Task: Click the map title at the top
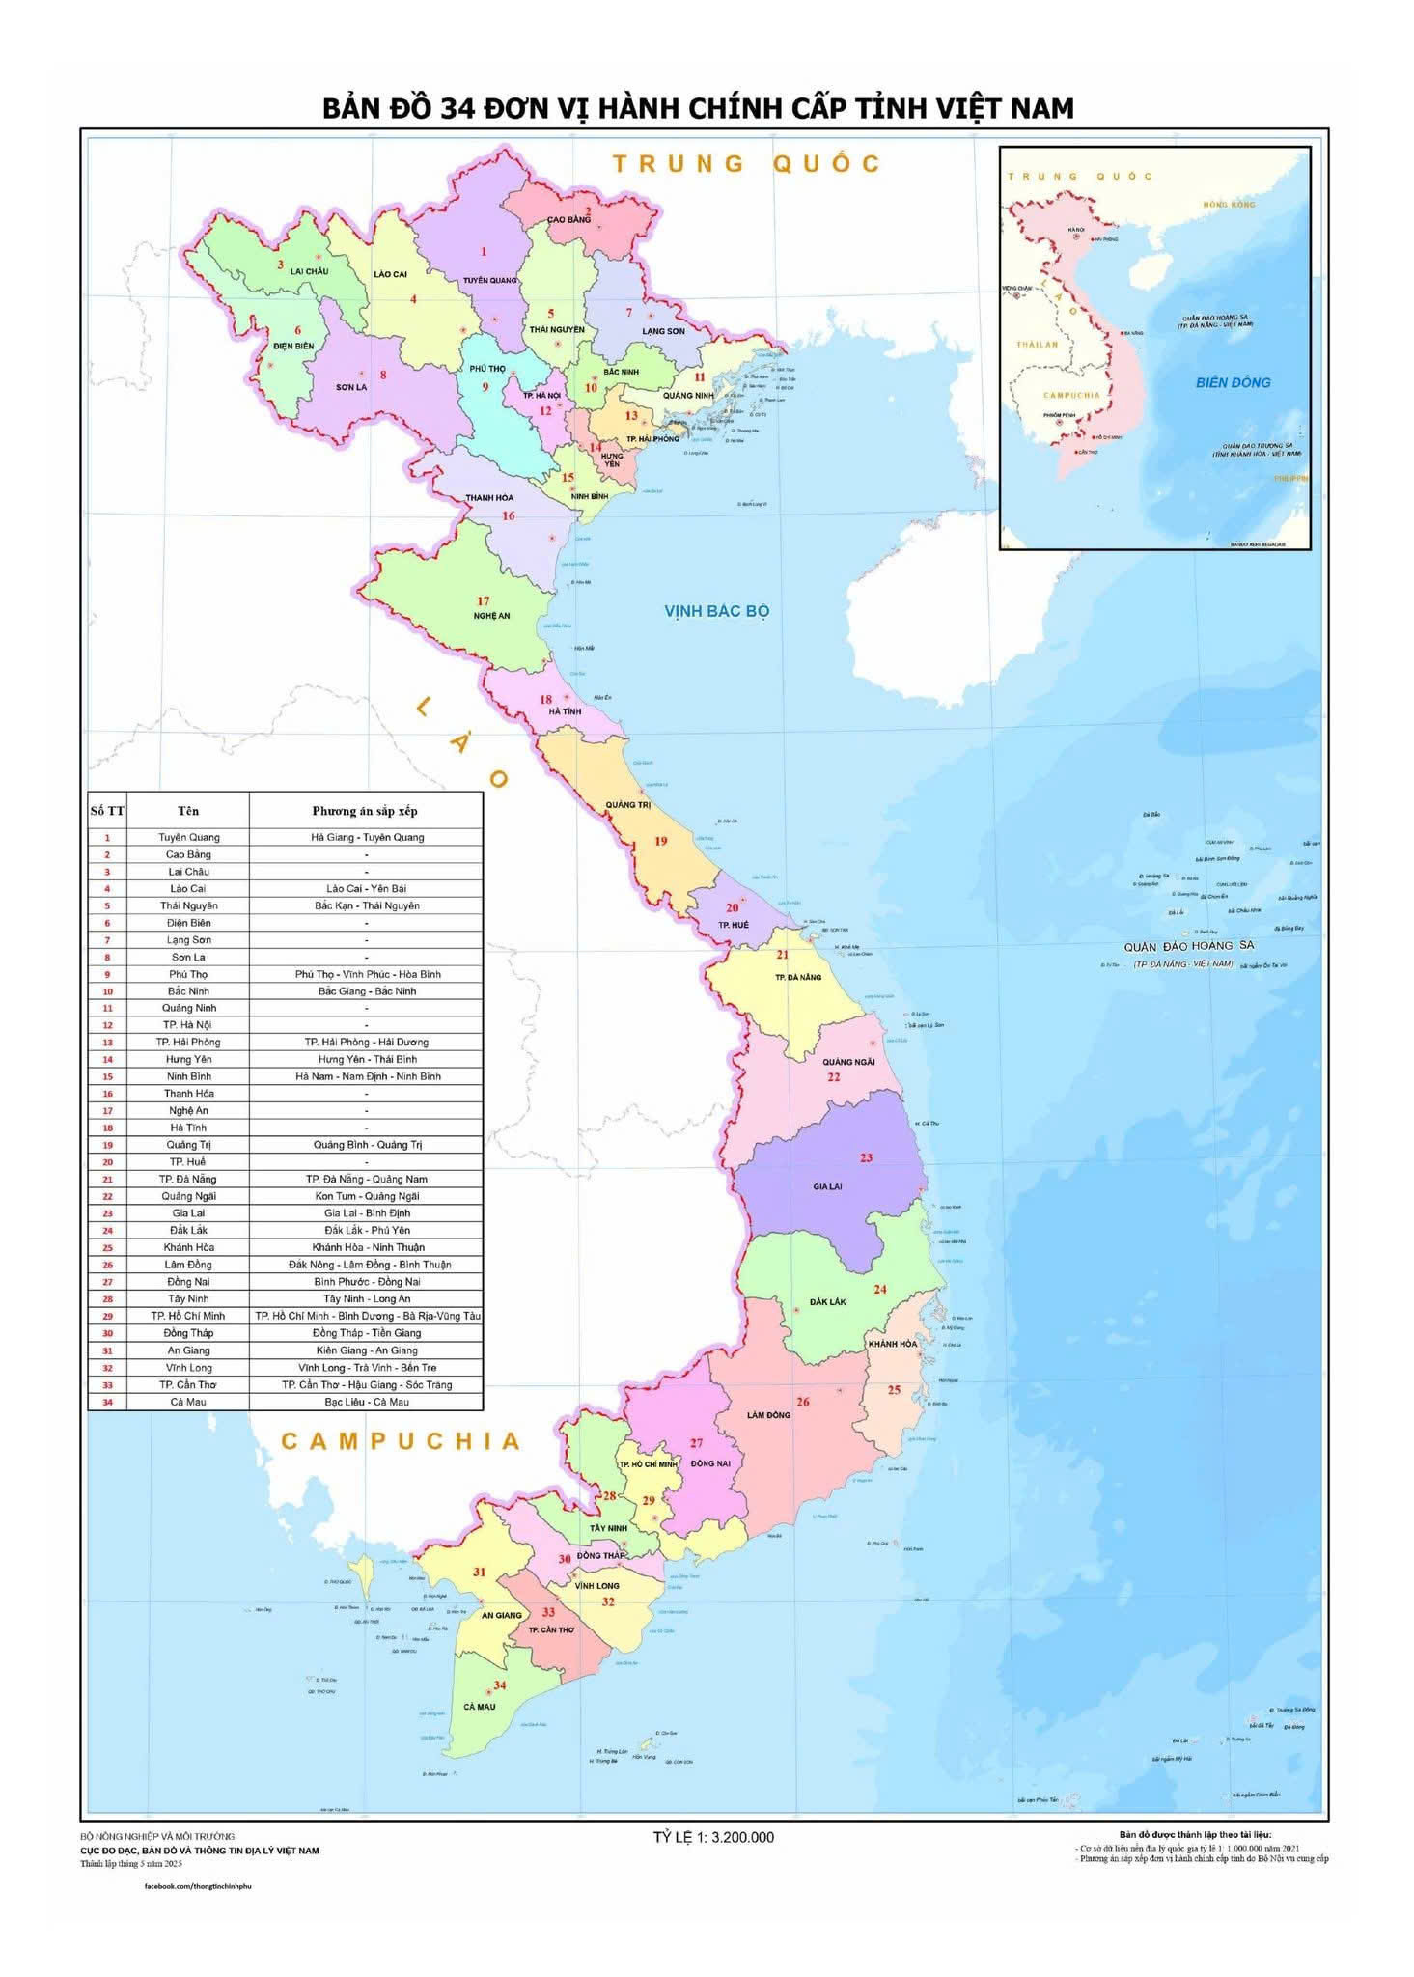click(x=698, y=108)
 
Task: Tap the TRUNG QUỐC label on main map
click(x=746, y=164)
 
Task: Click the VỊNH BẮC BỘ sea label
click(x=716, y=611)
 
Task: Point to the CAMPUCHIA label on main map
click(x=401, y=1441)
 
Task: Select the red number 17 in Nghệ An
click(x=484, y=601)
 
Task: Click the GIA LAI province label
click(x=827, y=1186)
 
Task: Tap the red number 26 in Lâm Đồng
click(x=803, y=1402)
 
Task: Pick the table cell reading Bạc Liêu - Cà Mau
click(x=366, y=1402)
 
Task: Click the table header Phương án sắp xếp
click(x=365, y=811)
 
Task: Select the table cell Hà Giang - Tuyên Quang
click(x=367, y=837)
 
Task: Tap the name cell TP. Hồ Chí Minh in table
click(x=187, y=1316)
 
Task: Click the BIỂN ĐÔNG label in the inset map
click(x=1233, y=382)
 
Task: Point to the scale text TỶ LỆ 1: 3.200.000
click(x=713, y=1837)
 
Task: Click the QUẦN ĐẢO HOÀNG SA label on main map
click(x=1187, y=946)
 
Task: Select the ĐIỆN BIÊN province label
click(x=293, y=346)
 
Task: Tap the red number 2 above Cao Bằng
click(x=587, y=210)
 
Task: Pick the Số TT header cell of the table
click(x=107, y=811)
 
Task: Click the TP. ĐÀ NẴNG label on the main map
click(x=797, y=977)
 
